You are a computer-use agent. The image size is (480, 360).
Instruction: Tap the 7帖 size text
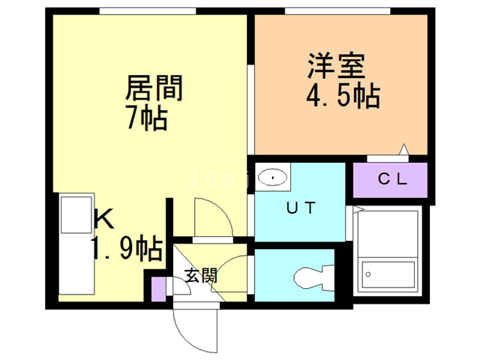tap(145, 118)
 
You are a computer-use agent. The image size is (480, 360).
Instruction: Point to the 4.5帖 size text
tap(342, 96)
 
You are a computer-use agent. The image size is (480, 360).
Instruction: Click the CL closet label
tap(391, 179)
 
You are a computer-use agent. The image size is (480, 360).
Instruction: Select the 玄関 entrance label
tap(201, 276)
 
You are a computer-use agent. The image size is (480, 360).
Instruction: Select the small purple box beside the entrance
tap(157, 289)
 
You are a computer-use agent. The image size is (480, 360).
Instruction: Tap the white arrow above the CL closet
tap(403, 150)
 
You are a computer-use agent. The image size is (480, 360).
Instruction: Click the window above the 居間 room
tap(148, 10)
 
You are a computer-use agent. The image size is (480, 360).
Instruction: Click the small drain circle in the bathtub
tap(367, 274)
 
